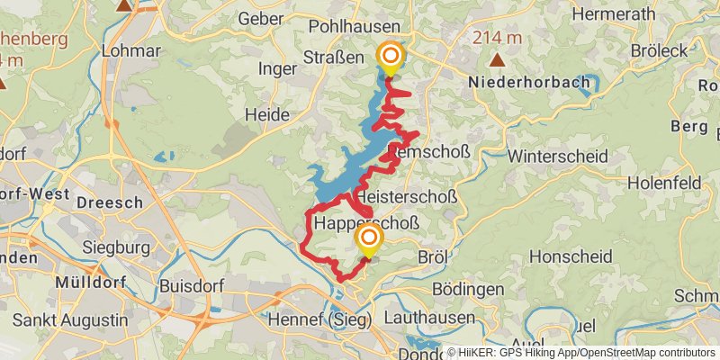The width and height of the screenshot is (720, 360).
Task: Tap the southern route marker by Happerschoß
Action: coord(368,238)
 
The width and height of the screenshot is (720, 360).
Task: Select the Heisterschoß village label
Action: coord(407,196)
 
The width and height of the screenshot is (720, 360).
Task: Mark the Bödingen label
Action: coord(468,290)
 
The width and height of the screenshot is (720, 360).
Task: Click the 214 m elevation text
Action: coord(497,37)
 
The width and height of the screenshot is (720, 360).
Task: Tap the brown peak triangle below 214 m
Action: coord(497,60)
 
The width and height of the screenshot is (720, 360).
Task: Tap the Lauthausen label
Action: coord(428,318)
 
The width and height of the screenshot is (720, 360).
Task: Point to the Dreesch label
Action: coord(110,202)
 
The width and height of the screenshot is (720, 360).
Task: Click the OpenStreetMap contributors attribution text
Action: coord(645,353)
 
